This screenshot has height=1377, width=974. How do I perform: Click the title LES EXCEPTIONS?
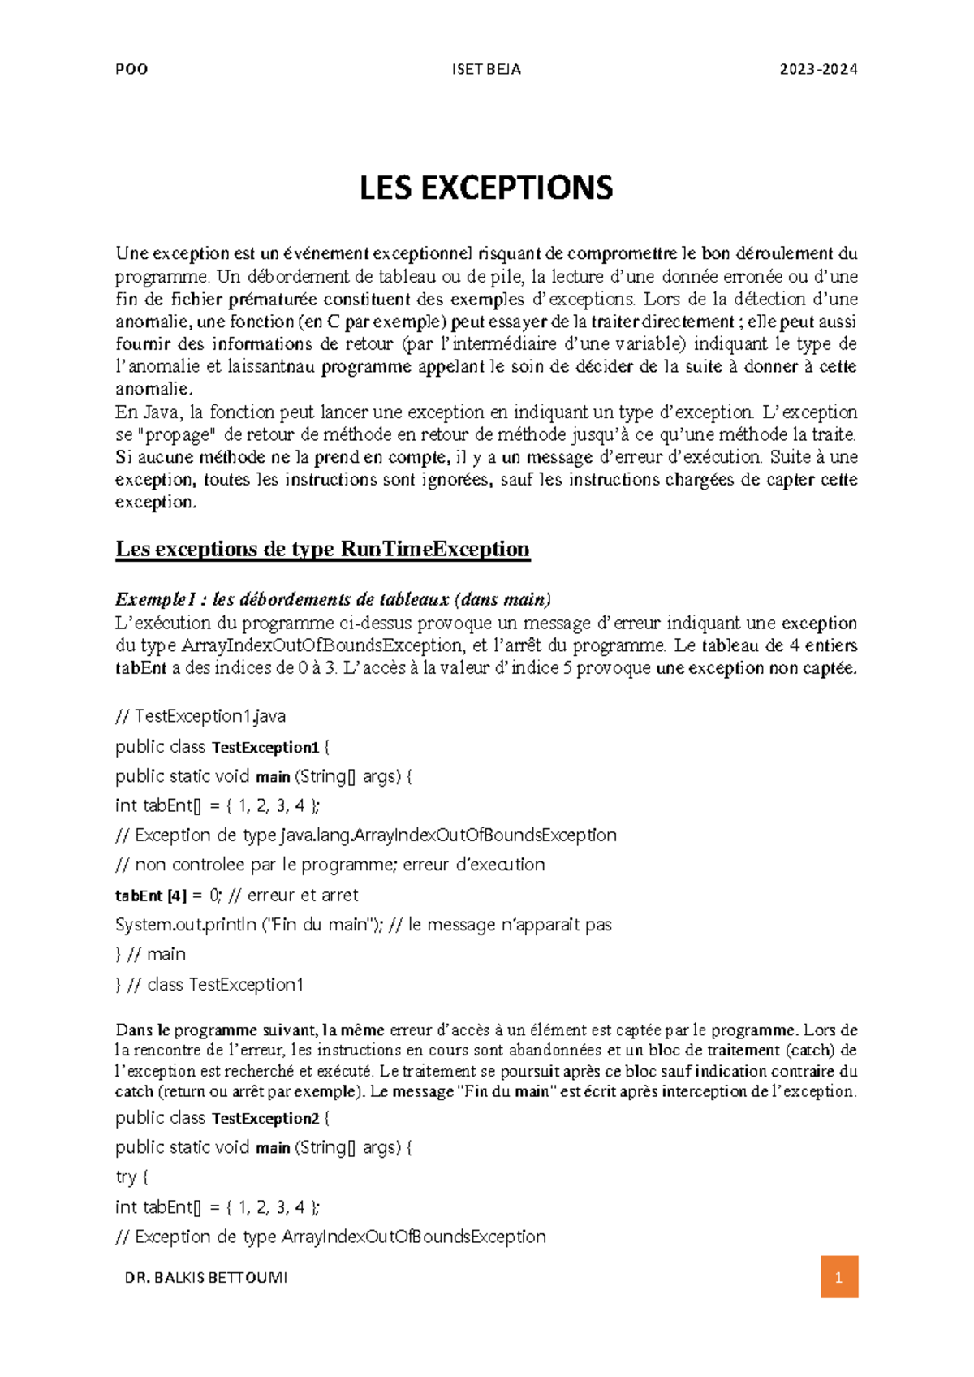point(486,188)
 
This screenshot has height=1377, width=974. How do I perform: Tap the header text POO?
point(131,69)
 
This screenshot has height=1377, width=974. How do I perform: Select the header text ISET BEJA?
point(486,69)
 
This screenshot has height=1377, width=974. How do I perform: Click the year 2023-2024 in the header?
point(818,69)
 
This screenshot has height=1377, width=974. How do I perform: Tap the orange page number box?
point(838,1277)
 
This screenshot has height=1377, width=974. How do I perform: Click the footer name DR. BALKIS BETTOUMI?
point(205,1277)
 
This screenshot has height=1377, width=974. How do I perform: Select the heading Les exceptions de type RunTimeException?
point(322,549)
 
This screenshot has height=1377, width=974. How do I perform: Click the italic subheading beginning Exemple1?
point(333,599)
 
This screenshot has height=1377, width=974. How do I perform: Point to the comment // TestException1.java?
point(200,716)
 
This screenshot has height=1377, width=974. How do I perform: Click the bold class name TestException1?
point(265,747)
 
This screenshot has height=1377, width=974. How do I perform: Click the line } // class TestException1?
point(209,985)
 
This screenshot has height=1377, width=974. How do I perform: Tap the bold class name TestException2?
point(265,1118)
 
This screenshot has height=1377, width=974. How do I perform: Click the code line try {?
point(131,1176)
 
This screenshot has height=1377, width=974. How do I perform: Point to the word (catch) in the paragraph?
point(812,1050)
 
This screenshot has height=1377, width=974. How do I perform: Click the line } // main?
point(151,954)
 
